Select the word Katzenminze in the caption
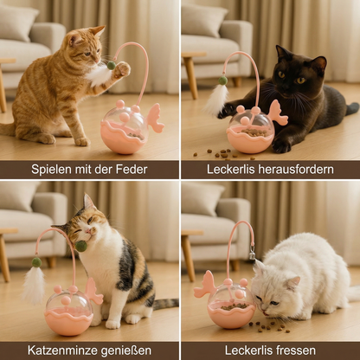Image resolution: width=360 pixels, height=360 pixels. click(63, 350)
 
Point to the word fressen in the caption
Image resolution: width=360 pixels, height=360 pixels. click(295, 350)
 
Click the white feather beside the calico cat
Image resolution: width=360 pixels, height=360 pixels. click(35, 283)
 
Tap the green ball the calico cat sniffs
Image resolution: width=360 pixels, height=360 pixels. click(81, 246)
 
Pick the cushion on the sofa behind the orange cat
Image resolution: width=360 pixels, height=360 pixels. click(19, 24)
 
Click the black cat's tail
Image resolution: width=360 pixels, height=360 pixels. click(350, 108)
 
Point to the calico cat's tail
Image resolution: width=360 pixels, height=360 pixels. click(162, 304)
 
